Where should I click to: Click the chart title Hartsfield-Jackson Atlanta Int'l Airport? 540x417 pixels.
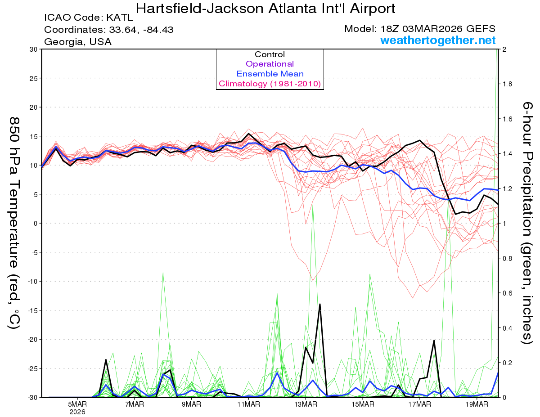click(265, 9)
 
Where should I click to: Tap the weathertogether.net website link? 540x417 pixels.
click(438, 40)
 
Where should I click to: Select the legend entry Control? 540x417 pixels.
click(270, 54)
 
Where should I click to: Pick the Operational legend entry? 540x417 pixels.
click(270, 64)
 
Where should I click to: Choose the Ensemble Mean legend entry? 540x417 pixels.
click(270, 74)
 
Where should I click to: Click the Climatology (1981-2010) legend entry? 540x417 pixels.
click(270, 84)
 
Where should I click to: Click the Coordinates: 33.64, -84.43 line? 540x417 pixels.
click(109, 30)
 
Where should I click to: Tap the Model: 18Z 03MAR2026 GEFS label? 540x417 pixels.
click(420, 29)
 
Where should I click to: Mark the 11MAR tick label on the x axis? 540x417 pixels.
click(248, 404)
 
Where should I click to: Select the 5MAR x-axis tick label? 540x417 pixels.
click(78, 404)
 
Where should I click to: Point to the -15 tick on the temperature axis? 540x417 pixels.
click(31, 310)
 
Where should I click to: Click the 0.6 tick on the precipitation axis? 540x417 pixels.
click(507, 293)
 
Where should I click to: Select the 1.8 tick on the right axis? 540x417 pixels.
click(507, 84)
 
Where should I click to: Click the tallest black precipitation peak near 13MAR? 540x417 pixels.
click(320, 304)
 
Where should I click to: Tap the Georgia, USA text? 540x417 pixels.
click(78, 42)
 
